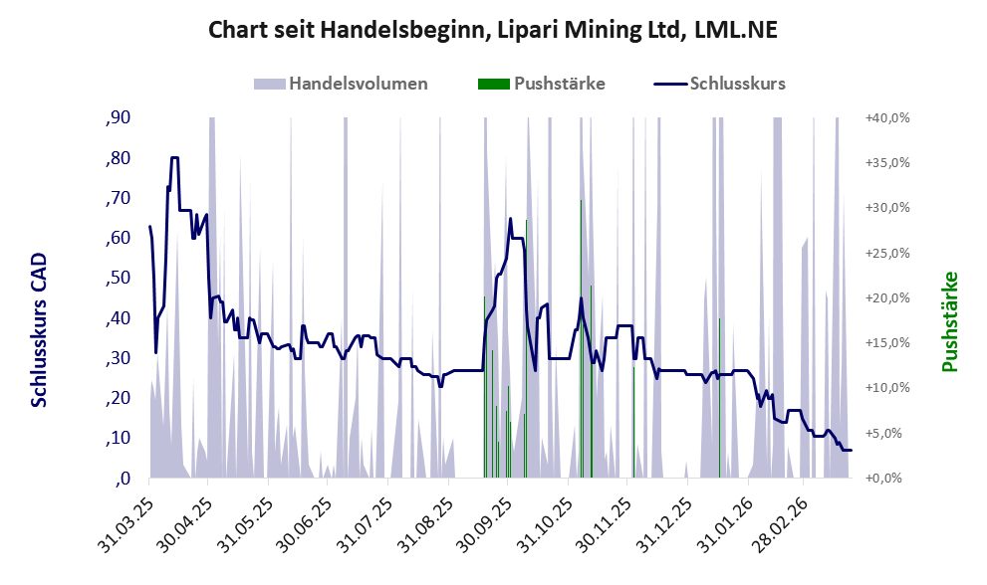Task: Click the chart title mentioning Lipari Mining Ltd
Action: [492, 30]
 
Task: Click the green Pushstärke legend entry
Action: [542, 84]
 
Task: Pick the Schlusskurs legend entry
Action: [720, 84]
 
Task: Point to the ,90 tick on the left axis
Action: [118, 118]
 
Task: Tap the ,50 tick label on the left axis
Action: [118, 279]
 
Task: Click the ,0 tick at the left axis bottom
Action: [123, 479]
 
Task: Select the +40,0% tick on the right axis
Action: [885, 118]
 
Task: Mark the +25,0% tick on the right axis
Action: [885, 253]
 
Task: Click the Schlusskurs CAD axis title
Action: [39, 328]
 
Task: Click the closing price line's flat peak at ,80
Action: [174, 157]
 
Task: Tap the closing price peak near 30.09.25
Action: [510, 220]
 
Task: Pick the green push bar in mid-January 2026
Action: [719, 398]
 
